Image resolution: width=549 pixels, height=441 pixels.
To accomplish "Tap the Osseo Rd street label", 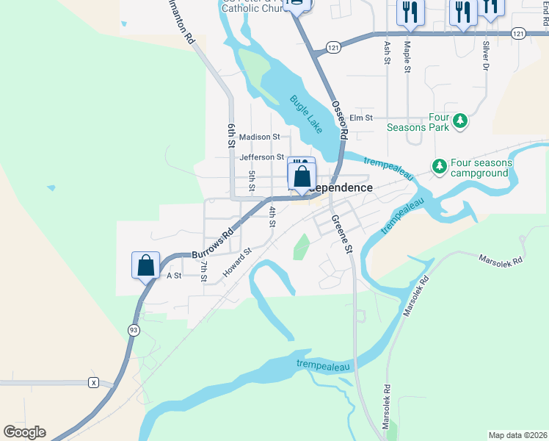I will point(338,119).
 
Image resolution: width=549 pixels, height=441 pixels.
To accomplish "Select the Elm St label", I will point(361,118).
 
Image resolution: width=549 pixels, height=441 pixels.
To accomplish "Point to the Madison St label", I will point(260,137).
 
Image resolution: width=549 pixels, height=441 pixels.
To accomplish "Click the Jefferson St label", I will point(261,157).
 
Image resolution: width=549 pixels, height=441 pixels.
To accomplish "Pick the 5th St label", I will point(252,181).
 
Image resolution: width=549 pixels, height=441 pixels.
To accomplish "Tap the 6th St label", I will point(230,137).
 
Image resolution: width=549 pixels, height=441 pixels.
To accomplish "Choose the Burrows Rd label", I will point(212,243).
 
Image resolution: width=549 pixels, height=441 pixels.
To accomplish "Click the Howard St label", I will point(238,262).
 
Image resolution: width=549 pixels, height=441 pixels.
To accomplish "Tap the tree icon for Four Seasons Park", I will point(460,120).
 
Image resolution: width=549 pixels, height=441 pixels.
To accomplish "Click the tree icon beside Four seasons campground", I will point(439,167).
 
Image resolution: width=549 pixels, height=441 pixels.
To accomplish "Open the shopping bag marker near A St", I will point(145,265).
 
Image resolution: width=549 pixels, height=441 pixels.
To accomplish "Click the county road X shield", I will point(93,382).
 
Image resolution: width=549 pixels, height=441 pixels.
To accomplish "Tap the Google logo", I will point(24,432).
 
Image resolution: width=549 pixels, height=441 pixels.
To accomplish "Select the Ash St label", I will point(387,52).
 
